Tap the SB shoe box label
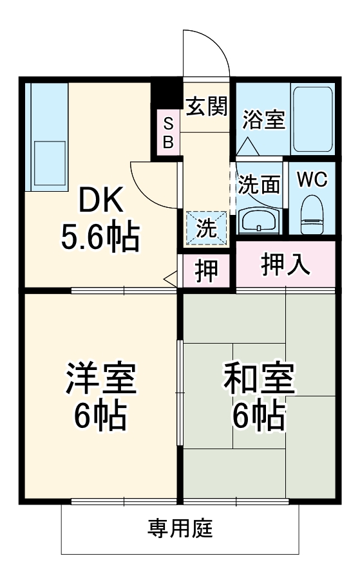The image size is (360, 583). [167, 133]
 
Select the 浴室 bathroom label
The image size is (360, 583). [263, 120]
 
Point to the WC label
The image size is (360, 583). [312, 180]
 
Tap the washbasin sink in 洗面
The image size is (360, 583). [258, 222]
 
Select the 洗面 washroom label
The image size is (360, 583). [259, 185]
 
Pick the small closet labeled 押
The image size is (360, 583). [206, 271]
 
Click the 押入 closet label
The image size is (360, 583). [285, 264]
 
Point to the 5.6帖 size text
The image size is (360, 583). [100, 239]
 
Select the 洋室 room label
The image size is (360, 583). [100, 380]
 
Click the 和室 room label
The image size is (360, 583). [259, 380]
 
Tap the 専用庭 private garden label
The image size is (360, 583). [180, 529]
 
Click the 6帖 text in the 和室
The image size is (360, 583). [259, 416]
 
